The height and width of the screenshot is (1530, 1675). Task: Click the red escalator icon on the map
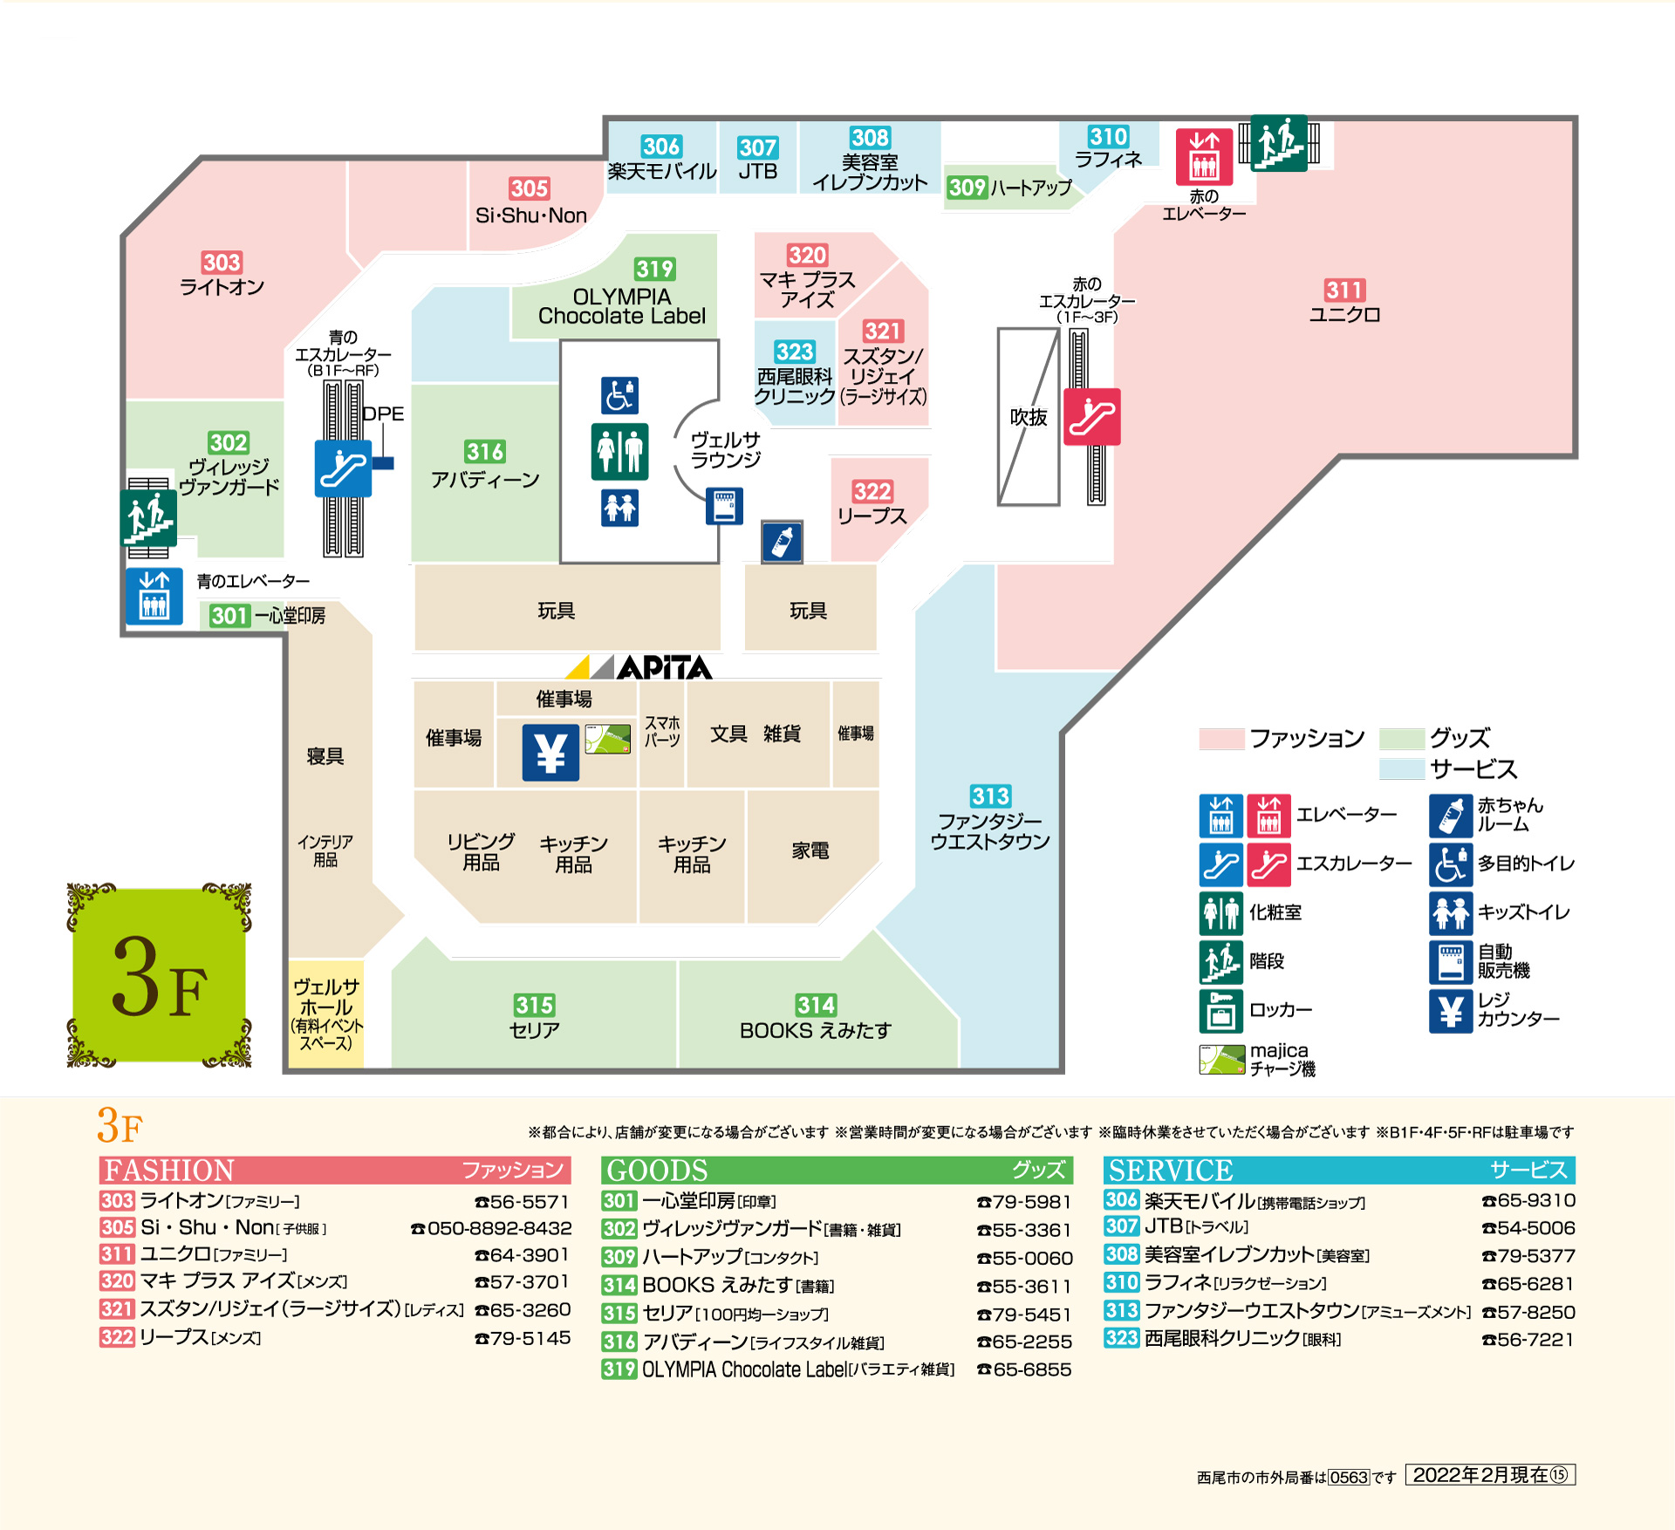1091,417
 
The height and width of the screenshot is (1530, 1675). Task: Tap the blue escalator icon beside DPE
343,468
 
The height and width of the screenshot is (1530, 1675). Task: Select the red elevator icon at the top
1204,157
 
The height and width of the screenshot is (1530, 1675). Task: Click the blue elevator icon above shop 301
154,596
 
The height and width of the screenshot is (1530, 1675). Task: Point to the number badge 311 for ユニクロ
1344,290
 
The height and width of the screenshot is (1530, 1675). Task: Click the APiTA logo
639,667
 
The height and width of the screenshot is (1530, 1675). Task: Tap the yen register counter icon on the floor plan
550,753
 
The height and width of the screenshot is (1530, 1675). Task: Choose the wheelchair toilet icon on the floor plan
619,395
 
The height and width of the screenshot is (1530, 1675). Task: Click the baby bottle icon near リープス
782,542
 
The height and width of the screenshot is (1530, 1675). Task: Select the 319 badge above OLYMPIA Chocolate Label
654,269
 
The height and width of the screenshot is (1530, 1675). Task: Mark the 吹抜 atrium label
1029,418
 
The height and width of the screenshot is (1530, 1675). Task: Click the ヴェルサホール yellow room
326,1013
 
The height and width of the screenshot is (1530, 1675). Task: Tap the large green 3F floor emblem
160,975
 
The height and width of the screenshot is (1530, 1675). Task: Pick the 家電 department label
810,850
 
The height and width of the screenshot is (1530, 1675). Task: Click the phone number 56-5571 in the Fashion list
522,1202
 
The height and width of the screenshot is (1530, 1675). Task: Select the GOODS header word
657,1171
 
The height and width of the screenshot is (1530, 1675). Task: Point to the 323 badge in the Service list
1121,1338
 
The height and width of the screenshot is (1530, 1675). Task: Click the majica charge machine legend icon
1221,1060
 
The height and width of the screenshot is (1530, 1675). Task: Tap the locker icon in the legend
1220,1010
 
